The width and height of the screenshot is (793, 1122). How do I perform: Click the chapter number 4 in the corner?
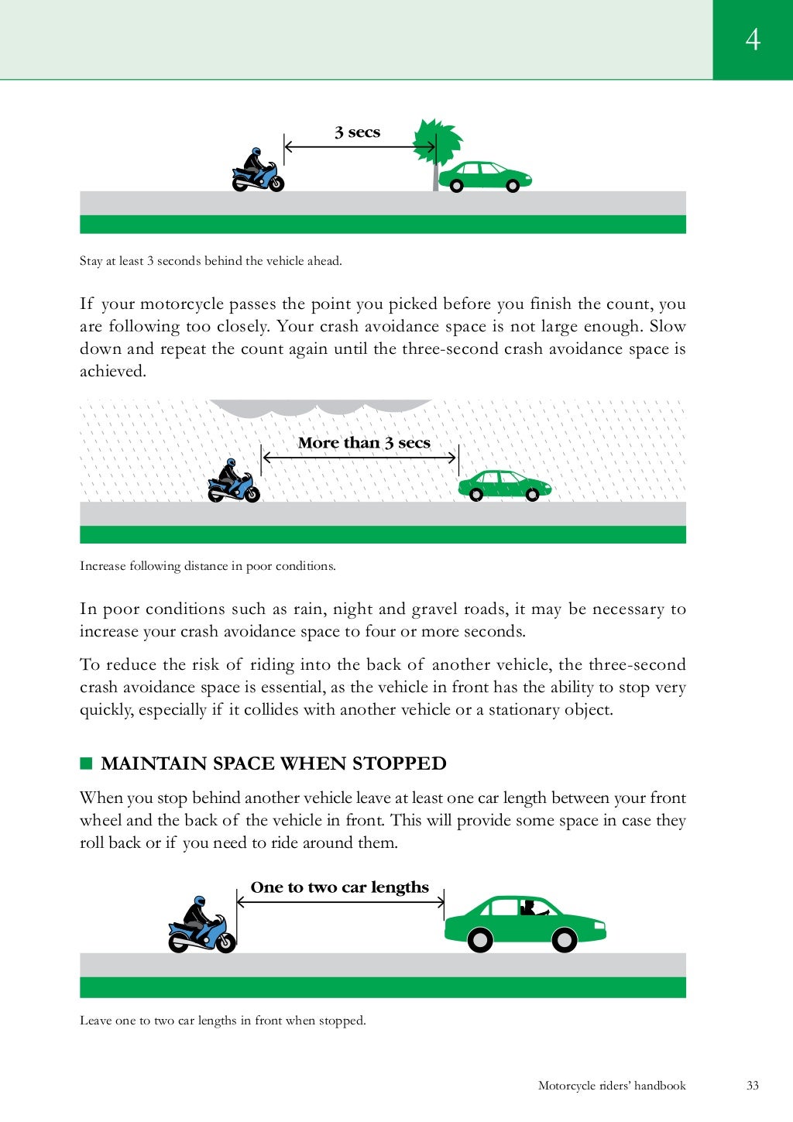point(753,39)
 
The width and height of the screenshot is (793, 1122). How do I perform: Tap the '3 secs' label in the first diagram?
point(357,132)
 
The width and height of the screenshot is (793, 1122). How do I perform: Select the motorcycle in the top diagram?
point(258,173)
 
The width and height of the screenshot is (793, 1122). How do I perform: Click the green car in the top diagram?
point(485,177)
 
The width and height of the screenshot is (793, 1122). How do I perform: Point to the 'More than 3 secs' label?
point(364,443)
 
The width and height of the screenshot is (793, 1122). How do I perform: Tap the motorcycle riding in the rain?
point(234,483)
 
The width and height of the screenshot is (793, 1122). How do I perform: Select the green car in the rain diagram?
point(504,486)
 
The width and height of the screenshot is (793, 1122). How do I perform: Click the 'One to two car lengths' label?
point(339,887)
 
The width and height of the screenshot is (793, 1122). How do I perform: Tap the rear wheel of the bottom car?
point(480,940)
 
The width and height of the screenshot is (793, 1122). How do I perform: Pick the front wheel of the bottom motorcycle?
point(225,942)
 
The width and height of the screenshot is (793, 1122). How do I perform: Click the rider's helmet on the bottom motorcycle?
point(199,903)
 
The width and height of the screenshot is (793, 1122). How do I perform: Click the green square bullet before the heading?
point(86,763)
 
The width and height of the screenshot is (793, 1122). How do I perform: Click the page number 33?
point(753,1086)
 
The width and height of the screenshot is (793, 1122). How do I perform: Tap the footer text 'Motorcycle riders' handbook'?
point(612,1086)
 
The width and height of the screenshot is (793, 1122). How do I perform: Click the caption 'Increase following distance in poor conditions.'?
point(208,566)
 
